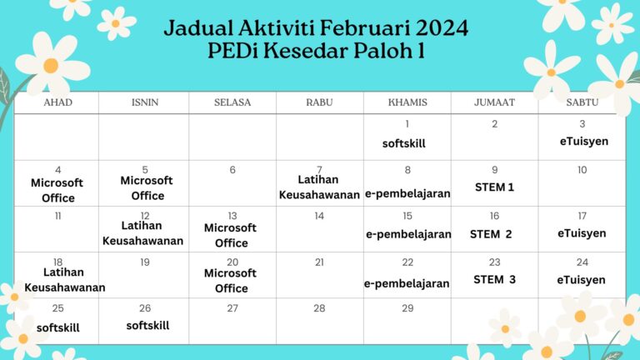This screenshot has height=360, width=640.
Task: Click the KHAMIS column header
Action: click(x=407, y=102)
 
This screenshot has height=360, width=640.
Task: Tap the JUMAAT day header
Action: click(x=494, y=102)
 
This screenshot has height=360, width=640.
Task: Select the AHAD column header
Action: click(x=57, y=102)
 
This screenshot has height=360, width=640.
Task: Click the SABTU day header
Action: click(x=582, y=102)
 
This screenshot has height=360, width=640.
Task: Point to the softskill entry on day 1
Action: click(x=404, y=143)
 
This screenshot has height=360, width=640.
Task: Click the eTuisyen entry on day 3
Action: click(x=583, y=142)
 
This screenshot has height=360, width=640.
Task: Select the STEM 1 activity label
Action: click(x=494, y=187)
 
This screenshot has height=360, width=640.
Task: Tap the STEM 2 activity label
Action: click(x=491, y=234)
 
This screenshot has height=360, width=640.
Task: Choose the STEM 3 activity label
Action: click(x=494, y=280)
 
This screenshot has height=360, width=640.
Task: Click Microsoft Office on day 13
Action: click(x=231, y=235)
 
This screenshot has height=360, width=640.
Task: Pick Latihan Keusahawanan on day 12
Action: click(x=142, y=233)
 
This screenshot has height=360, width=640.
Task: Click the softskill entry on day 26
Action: click(x=147, y=326)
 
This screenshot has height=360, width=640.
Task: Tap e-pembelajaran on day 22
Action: click(x=407, y=283)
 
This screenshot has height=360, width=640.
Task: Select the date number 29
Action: click(x=407, y=308)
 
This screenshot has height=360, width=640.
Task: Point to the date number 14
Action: click(x=319, y=216)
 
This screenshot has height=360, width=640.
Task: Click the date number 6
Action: click(x=232, y=170)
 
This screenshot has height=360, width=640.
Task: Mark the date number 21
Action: click(x=319, y=262)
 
